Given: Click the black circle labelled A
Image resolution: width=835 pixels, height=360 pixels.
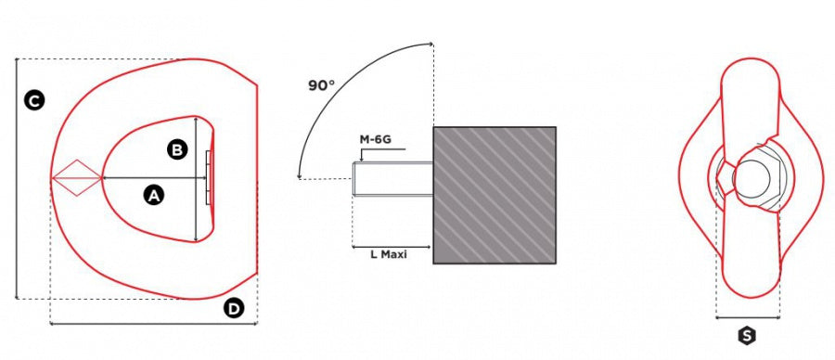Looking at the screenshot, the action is [153, 196].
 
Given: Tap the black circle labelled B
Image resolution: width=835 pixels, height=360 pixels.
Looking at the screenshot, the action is [177, 150].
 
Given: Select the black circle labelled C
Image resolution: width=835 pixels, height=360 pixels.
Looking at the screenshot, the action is [34, 100].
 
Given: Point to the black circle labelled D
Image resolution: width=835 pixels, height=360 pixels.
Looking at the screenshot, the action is [233, 308].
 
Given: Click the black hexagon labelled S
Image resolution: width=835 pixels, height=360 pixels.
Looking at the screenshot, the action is [747, 336].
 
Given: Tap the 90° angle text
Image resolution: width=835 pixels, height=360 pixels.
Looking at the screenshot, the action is [322, 85].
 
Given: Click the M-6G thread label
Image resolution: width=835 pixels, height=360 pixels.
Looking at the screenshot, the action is [377, 139].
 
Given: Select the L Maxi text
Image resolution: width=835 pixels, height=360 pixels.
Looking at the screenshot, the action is [389, 255].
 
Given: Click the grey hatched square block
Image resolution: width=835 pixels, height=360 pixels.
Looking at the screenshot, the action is [495, 195].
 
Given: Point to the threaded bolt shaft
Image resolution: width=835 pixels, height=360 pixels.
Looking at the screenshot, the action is [392, 178].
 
